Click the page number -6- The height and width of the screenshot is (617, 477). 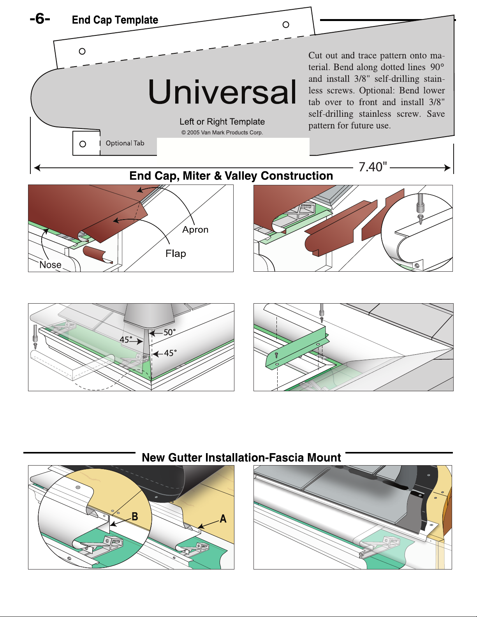[x=40, y=19]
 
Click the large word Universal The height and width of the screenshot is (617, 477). [x=222, y=92]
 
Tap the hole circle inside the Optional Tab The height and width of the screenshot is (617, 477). [x=83, y=144]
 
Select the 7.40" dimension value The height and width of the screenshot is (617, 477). [x=373, y=167]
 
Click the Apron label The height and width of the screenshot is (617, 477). [x=195, y=230]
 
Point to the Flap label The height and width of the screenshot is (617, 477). [x=176, y=254]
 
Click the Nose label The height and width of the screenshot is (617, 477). [x=51, y=265]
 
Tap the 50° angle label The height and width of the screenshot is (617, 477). [x=169, y=332]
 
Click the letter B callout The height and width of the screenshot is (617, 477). [x=135, y=517]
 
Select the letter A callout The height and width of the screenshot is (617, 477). [x=223, y=519]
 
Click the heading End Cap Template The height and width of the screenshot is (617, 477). [x=115, y=20]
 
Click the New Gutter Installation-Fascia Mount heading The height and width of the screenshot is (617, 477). [x=241, y=457]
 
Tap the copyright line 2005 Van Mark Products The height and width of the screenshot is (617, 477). [x=222, y=132]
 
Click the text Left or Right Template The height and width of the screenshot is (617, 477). [x=222, y=122]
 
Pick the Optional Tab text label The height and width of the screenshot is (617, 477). [x=125, y=143]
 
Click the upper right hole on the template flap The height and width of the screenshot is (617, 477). [x=286, y=25]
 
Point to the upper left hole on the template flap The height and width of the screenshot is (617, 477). [x=82, y=51]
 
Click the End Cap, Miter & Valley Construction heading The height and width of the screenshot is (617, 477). [x=231, y=176]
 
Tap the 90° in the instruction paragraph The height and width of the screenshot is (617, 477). [x=437, y=67]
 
